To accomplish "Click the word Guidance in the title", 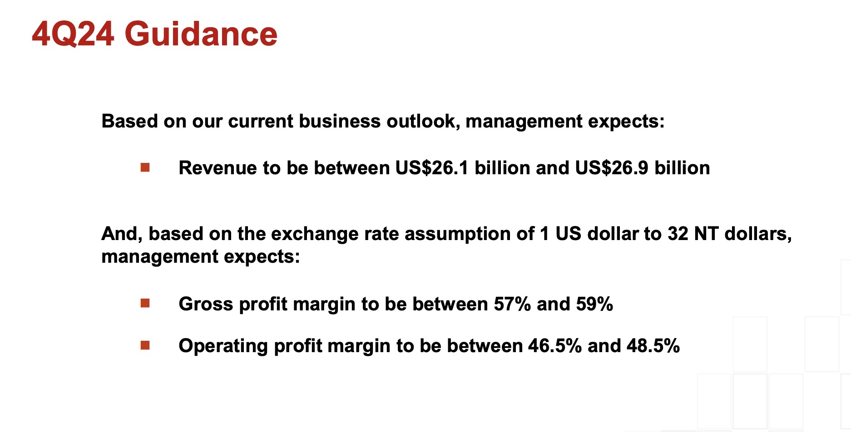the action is [201, 34].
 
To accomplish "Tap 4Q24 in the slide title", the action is [73, 34].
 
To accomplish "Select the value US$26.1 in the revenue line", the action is [431, 168].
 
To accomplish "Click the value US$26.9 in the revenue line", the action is [612, 168].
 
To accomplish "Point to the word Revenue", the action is [218, 168].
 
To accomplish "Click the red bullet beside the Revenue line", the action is [145, 168].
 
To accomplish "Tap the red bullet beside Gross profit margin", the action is [145, 303].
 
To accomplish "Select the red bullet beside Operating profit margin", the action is [145, 345].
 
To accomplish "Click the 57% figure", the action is [512, 304].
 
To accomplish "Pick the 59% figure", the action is [594, 304].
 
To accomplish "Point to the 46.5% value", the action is [555, 346].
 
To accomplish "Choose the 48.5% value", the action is [653, 346].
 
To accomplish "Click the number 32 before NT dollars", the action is [678, 234].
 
